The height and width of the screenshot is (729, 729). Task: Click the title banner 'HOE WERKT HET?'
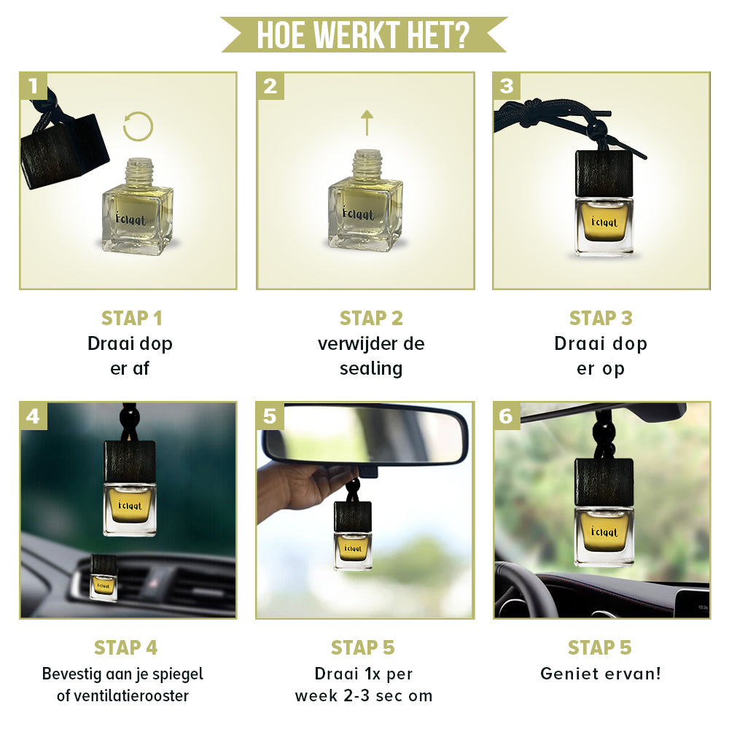[364, 34]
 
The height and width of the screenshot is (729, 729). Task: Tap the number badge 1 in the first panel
[33, 86]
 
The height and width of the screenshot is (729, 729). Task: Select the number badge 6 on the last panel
[507, 416]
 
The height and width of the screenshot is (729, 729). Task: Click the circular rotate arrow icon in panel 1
[138, 126]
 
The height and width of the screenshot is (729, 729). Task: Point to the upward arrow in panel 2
[367, 122]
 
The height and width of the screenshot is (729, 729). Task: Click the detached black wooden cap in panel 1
[65, 151]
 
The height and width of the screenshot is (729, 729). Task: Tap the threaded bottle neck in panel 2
[368, 163]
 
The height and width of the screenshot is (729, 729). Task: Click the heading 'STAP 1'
[131, 319]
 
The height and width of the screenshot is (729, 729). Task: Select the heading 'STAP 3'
[601, 319]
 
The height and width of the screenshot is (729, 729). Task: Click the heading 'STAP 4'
[125, 647]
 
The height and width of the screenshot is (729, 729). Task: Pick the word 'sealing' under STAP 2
[371, 369]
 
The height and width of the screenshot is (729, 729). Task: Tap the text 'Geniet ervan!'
[600, 674]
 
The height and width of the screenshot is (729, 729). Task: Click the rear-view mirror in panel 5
[365, 434]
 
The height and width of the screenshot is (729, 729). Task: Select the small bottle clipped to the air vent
[104, 578]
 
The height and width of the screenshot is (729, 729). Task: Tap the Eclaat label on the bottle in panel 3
[604, 222]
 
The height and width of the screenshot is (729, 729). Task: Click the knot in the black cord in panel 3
[534, 112]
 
